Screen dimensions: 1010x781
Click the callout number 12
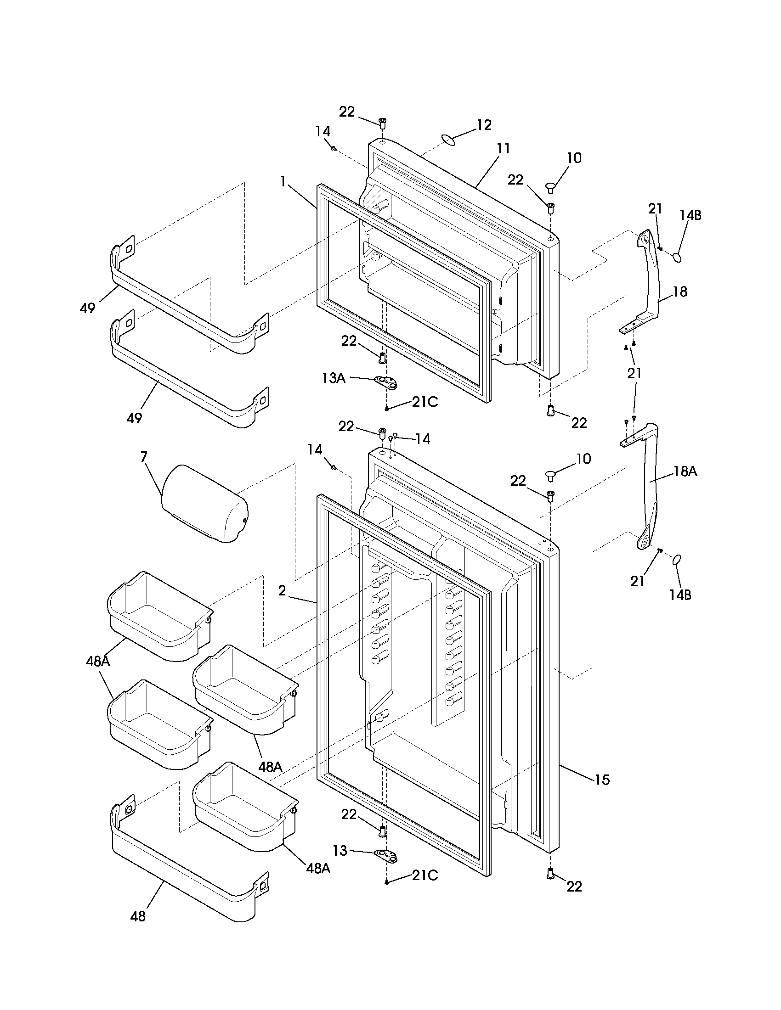(x=484, y=125)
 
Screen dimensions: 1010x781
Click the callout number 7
(x=144, y=457)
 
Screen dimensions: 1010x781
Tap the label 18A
(x=686, y=471)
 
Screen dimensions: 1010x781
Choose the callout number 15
(x=602, y=780)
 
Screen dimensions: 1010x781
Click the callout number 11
(x=504, y=149)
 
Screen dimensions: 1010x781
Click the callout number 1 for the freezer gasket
(x=282, y=182)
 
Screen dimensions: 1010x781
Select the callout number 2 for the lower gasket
(x=282, y=590)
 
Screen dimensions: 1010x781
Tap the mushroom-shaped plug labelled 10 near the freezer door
(x=550, y=187)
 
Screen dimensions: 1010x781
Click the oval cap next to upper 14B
(x=678, y=257)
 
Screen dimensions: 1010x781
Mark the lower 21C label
(x=425, y=875)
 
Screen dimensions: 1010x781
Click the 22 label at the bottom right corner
(x=574, y=887)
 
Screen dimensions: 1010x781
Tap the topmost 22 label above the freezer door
(x=347, y=112)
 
